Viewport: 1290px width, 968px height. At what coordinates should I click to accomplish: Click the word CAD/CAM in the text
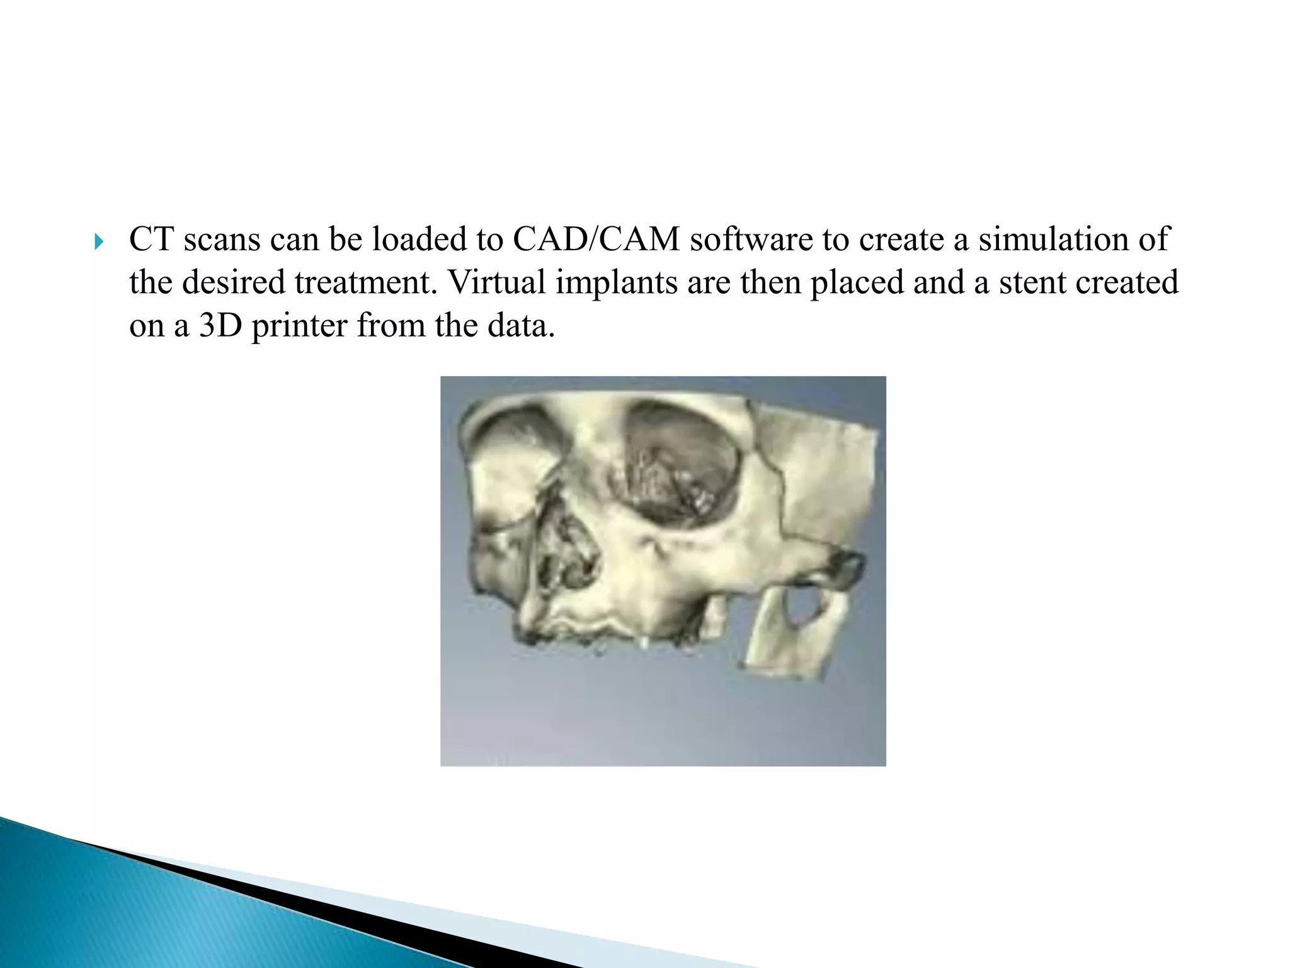pos(596,239)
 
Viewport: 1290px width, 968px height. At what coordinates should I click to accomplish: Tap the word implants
pos(616,283)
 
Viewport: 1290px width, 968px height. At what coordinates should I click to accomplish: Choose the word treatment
pos(365,283)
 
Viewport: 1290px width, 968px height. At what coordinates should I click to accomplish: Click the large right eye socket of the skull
pos(683,463)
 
